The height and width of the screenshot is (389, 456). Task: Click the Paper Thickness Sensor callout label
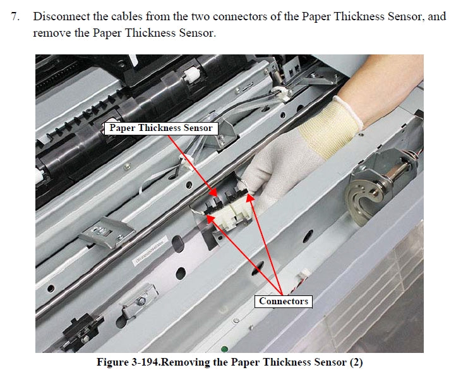point(161,128)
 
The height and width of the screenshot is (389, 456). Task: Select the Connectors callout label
point(284,301)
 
